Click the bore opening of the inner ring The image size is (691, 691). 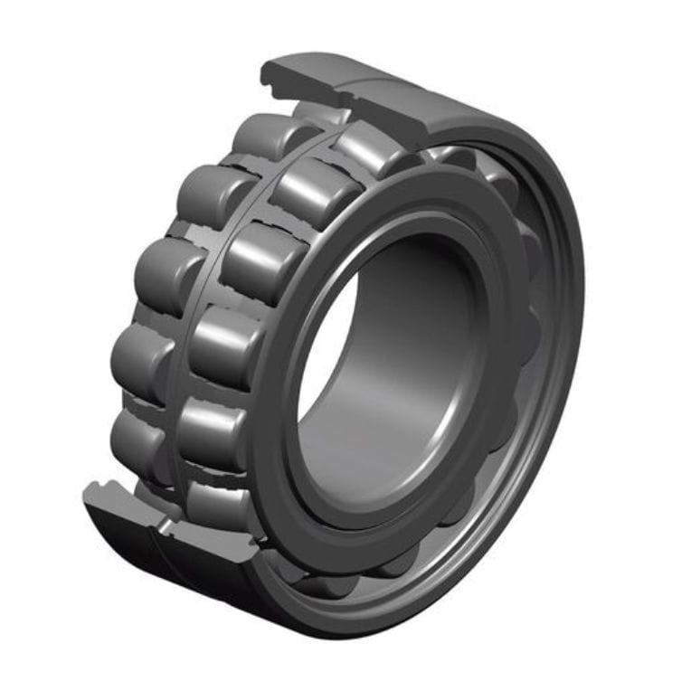tap(398, 362)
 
